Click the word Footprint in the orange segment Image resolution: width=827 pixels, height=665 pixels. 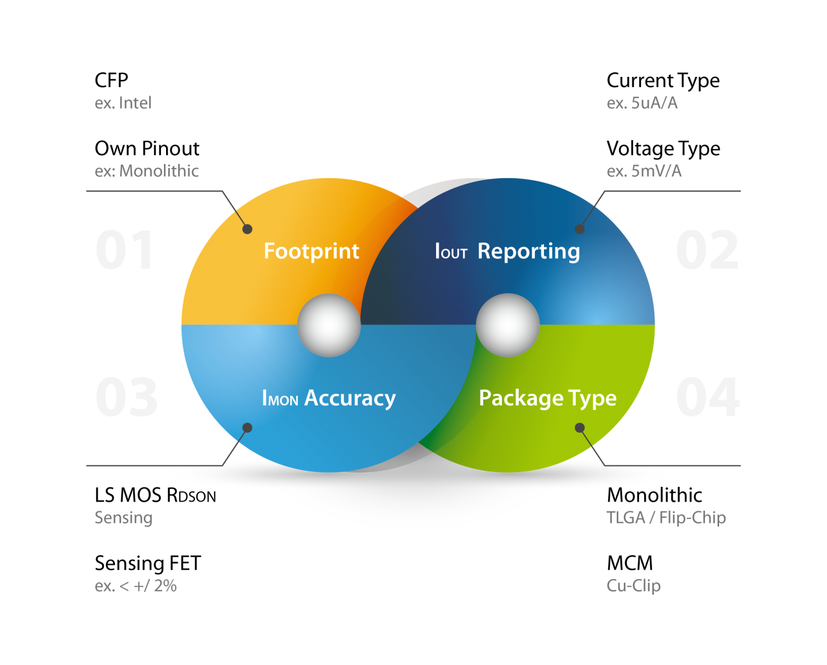coord(311,251)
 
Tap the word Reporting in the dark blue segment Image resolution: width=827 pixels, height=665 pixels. coord(529,251)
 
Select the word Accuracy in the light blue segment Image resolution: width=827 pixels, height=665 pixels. coord(350,398)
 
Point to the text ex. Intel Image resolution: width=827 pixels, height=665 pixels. coord(123,103)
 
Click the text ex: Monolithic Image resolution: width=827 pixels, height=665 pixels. coord(147,171)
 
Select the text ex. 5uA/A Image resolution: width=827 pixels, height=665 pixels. coord(642,103)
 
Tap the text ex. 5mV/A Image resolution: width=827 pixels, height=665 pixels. coord(644,171)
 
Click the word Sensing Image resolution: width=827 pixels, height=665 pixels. coord(123,518)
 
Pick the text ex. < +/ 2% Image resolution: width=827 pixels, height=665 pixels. coord(136,586)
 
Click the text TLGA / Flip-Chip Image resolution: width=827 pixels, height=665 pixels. coord(666,518)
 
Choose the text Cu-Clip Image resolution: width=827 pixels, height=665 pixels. coord(633,586)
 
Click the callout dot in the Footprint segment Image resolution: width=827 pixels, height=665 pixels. coord(247,229)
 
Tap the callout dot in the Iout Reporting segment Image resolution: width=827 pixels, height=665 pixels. coord(580,229)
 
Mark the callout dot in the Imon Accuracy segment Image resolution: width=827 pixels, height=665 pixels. coord(247,427)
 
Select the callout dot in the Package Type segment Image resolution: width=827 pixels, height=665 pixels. coord(580,427)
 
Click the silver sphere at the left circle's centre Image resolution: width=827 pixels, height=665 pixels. coord(329,325)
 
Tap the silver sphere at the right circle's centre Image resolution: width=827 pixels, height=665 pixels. coord(507,325)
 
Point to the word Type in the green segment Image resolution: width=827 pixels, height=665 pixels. coord(592,398)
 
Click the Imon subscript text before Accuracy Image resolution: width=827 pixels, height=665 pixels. coord(280,398)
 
